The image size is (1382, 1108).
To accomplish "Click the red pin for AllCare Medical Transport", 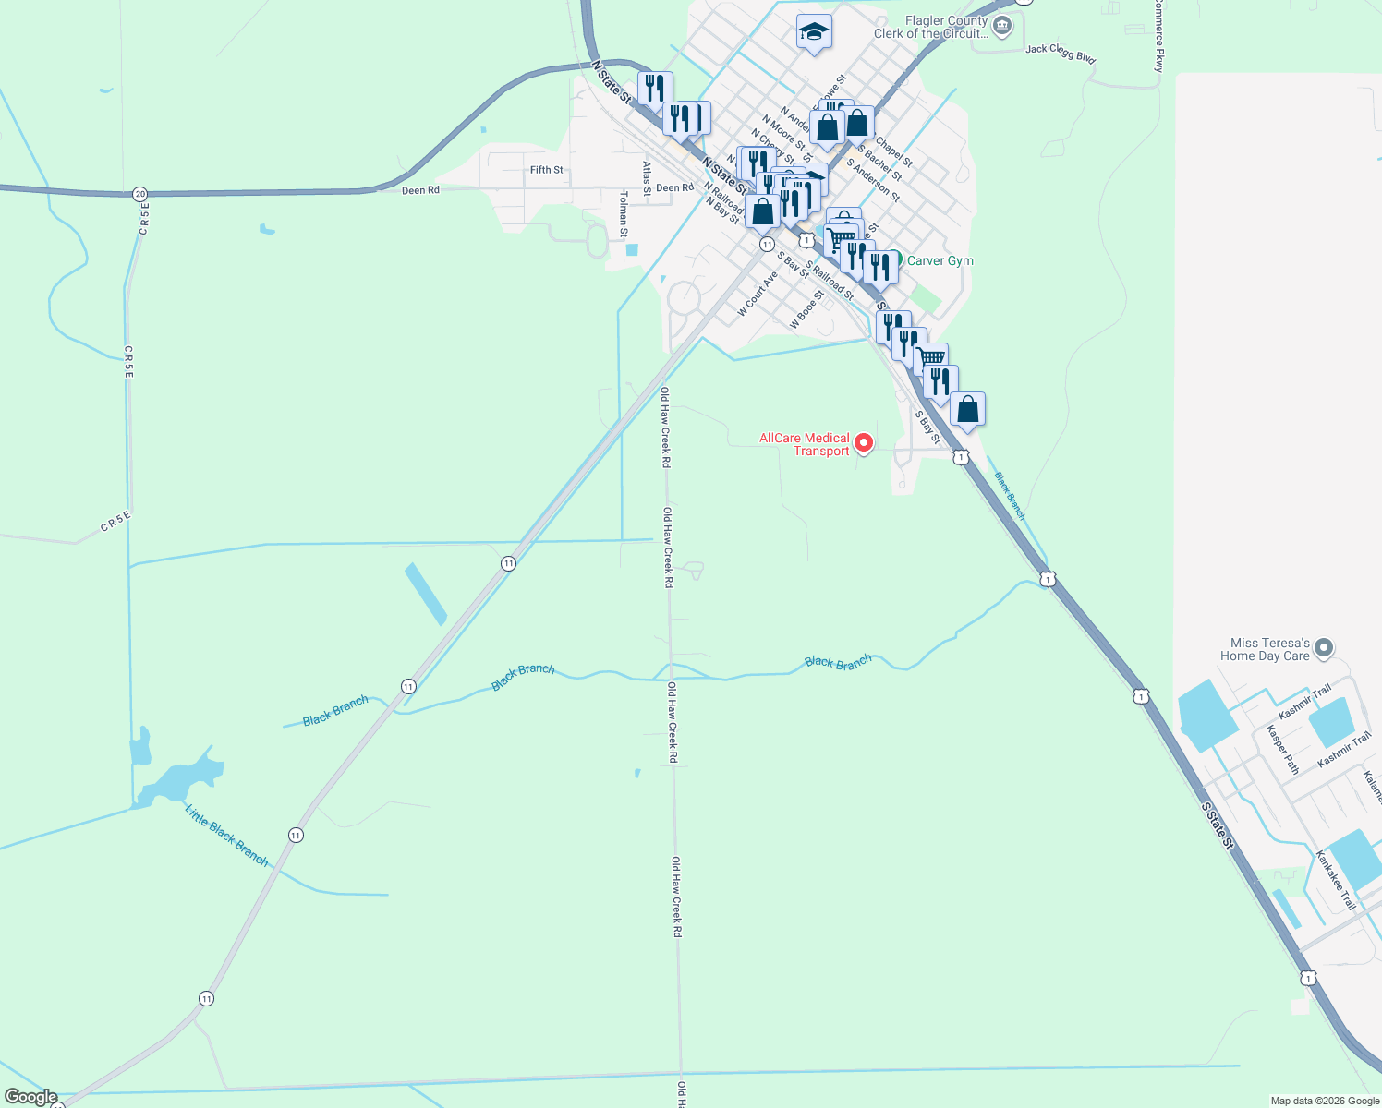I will coord(864,443).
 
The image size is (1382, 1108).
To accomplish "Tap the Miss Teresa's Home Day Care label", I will coord(1265,649).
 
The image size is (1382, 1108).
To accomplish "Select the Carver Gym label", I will coord(940,260).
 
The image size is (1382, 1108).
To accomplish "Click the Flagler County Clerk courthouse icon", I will coord(1002,24).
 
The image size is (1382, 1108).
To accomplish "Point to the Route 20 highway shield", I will coord(139,194).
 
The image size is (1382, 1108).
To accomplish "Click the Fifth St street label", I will coord(546,170).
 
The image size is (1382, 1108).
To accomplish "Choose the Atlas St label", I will coord(647,178).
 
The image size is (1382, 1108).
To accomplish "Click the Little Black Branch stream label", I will coord(226,836).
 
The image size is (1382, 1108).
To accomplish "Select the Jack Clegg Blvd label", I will coord(1061,54).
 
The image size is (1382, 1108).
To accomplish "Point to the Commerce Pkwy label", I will coord(1158,35).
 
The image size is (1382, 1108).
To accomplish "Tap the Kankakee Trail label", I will coord(1336,880).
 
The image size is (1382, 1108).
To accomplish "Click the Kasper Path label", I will coord(1282,749).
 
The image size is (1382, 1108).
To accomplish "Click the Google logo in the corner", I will coord(30,1097).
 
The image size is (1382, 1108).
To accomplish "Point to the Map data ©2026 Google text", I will coord(1324,1101).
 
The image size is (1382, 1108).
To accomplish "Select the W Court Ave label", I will coord(758,293).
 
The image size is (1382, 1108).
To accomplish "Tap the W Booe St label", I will coord(806,310).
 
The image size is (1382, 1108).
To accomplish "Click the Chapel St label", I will coord(893,152).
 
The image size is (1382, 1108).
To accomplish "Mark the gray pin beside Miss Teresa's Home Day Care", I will coord(1323,648).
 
